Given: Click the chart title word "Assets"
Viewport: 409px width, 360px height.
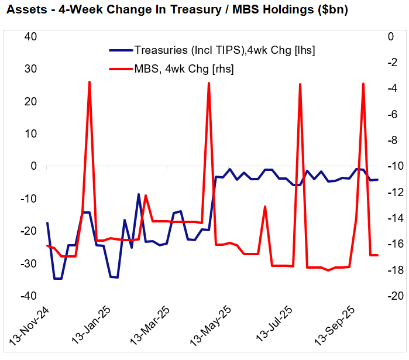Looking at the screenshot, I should coord(23,11).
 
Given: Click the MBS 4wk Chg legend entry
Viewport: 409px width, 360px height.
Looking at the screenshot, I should coord(184,69).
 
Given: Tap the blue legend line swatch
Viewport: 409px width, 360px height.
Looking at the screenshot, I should coord(121,50).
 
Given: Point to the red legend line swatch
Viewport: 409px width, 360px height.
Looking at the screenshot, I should coord(121,69).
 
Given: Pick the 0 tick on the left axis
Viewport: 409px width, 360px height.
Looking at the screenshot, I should coord(33,166).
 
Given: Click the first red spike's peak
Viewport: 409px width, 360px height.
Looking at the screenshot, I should coord(90,82).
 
